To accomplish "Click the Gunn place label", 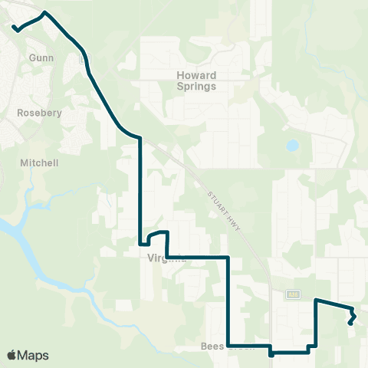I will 38,58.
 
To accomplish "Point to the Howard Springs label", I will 197,80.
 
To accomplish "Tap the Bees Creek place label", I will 222,347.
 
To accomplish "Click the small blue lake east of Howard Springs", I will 292,145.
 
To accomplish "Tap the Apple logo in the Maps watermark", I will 11,355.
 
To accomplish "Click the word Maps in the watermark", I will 34,355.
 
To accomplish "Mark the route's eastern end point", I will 350,324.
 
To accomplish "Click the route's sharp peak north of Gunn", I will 45,12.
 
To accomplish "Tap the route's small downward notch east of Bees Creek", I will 271,355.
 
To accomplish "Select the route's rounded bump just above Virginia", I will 157,232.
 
